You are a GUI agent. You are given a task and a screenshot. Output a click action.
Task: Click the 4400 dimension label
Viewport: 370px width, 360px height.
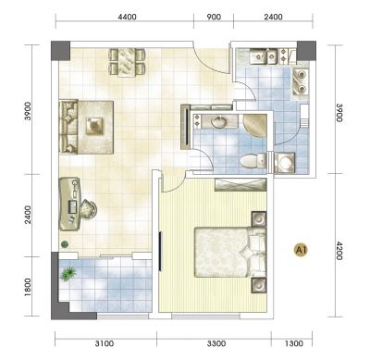(x=127, y=17)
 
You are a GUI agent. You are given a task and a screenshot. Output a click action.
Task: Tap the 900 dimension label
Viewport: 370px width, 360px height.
(x=214, y=17)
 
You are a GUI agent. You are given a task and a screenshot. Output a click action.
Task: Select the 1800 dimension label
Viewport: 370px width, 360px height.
(x=28, y=288)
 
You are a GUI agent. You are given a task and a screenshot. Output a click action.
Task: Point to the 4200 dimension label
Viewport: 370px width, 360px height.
(x=339, y=251)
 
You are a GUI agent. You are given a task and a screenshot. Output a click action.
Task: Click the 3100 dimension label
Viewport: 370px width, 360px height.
(x=105, y=343)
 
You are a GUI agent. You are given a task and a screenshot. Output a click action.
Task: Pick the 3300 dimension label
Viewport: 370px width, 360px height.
(x=216, y=343)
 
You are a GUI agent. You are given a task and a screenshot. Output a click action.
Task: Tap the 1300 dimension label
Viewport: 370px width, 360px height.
(x=294, y=343)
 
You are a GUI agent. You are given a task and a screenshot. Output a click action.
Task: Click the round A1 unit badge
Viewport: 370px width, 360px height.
(x=301, y=250)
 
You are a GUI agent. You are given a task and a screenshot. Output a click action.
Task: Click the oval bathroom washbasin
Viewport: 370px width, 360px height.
(x=219, y=121)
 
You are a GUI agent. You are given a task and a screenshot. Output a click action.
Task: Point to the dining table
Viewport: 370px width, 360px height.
(x=127, y=62)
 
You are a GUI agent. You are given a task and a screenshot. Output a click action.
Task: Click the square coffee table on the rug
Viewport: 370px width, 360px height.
(x=94, y=126)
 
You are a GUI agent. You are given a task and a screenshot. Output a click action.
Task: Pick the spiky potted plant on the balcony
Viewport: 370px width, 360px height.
(x=68, y=274)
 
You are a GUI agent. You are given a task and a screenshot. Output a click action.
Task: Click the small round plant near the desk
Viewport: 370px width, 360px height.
(x=65, y=244)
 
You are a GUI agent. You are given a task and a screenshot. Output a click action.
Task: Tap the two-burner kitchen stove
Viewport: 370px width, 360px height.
(x=300, y=81)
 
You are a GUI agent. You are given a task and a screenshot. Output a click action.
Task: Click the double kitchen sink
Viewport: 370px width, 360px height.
(x=263, y=56)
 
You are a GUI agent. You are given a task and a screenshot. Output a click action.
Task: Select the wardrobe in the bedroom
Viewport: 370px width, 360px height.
(x=240, y=184)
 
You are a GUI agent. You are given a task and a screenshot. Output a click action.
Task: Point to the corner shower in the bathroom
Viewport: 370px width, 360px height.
(x=255, y=126)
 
